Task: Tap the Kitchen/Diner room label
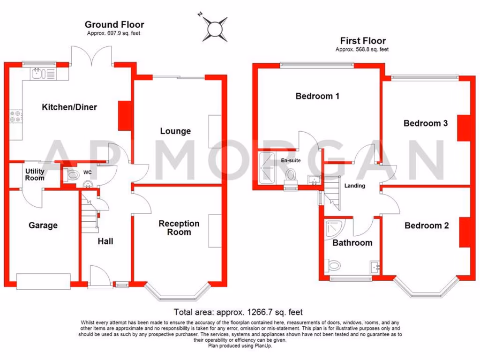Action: coord(69,107)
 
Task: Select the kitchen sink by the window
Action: coord(41,73)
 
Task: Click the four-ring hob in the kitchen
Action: coord(15,116)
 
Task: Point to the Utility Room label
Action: coord(35,175)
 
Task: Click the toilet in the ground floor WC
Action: coord(73,176)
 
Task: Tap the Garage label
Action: coord(43,225)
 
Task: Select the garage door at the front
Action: coord(43,281)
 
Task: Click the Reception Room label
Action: coord(179,228)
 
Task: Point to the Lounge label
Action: coord(175,131)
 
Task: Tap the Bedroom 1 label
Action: coord(317,97)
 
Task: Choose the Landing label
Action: coord(354,186)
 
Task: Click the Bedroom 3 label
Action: coord(426,124)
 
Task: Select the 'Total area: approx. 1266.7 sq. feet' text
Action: coord(238,312)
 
